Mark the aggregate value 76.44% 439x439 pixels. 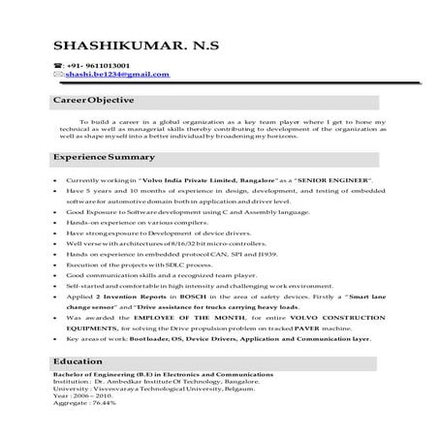[101, 429]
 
